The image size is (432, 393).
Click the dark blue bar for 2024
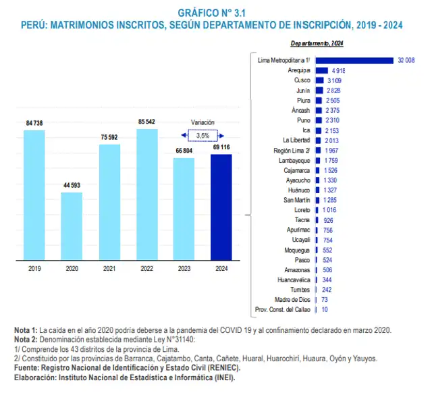(221, 207)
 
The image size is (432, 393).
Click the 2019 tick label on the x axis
(34, 268)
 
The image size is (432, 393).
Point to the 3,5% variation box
(202, 135)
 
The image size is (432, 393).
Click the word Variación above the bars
(202, 123)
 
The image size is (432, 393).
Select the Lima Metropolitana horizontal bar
(354, 60)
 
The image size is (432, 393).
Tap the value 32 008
(406, 60)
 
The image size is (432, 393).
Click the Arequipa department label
(298, 70)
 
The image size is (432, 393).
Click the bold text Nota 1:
(26, 330)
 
